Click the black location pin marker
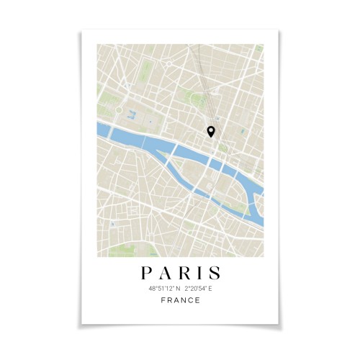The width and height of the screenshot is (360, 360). [211, 131]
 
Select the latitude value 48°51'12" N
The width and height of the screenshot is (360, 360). [163, 289]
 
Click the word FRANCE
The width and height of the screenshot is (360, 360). [180, 300]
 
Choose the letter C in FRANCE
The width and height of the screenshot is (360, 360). [190, 300]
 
